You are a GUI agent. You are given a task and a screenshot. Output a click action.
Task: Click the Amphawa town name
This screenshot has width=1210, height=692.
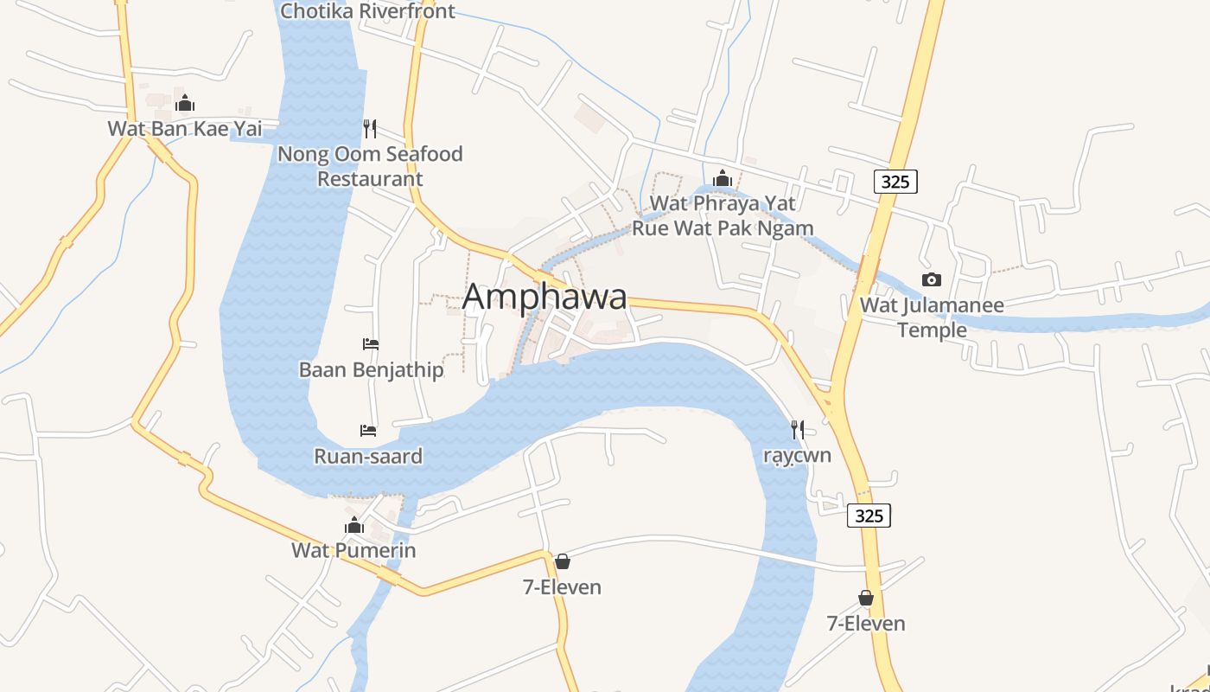tap(544, 297)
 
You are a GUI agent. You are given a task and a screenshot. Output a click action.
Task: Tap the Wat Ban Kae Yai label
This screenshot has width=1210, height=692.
tap(184, 129)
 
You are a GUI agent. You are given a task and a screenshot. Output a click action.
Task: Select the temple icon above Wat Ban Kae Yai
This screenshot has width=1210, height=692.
tap(184, 104)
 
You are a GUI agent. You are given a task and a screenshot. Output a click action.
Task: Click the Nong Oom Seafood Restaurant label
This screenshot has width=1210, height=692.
tap(370, 166)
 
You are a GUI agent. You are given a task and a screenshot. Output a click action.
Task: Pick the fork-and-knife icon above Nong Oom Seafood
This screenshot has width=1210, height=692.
tap(370, 129)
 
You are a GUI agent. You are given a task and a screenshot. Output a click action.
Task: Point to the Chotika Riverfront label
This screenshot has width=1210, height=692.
tap(367, 11)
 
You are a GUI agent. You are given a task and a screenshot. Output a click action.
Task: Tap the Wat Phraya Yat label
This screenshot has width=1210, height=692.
tap(723, 203)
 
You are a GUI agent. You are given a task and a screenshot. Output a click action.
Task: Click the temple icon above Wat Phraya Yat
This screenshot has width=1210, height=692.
tap(723, 178)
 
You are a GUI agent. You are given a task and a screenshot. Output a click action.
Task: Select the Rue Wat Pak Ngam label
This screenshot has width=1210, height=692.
tap(723, 228)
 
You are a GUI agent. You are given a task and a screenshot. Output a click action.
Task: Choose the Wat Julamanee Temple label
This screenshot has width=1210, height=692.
tap(932, 317)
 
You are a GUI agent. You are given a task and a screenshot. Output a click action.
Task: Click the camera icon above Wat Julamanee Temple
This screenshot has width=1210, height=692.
tap(932, 279)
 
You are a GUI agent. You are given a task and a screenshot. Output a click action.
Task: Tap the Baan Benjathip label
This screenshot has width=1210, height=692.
tap(371, 370)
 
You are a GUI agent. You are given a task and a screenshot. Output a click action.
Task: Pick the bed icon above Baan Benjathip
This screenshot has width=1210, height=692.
tap(371, 344)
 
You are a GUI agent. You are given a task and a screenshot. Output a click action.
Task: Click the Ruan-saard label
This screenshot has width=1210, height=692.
tap(368, 456)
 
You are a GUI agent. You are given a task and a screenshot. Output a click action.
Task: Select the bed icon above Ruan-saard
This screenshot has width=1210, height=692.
tap(368, 431)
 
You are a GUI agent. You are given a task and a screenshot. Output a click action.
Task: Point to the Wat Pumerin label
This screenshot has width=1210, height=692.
tap(353, 550)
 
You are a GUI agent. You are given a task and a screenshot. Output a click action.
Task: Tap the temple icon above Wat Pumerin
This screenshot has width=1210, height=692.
tap(353, 525)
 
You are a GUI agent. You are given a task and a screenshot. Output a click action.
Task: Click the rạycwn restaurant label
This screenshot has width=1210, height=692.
tap(797, 455)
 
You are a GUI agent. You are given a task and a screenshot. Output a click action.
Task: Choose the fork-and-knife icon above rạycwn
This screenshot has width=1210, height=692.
tap(797, 429)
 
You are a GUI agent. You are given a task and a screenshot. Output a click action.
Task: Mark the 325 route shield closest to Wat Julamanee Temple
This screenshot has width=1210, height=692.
tap(895, 182)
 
